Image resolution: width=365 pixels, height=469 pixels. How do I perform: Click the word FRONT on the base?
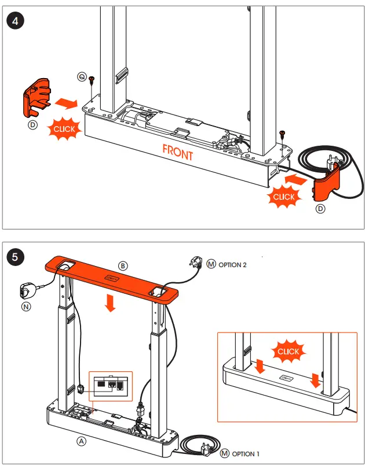178,153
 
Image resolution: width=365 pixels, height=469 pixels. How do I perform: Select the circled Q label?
82,77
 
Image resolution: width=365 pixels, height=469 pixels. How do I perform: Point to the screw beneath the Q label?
92,87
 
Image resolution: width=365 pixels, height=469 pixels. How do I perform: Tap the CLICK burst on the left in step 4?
64,128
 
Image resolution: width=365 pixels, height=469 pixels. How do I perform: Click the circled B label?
123,265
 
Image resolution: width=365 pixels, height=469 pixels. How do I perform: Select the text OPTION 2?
232,265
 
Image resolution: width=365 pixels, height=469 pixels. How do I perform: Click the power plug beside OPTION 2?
194,263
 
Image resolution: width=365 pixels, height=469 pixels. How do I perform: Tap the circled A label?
82,441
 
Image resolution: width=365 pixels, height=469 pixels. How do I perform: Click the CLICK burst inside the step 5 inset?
288,351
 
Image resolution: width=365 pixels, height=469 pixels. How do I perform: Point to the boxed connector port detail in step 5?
109,384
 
